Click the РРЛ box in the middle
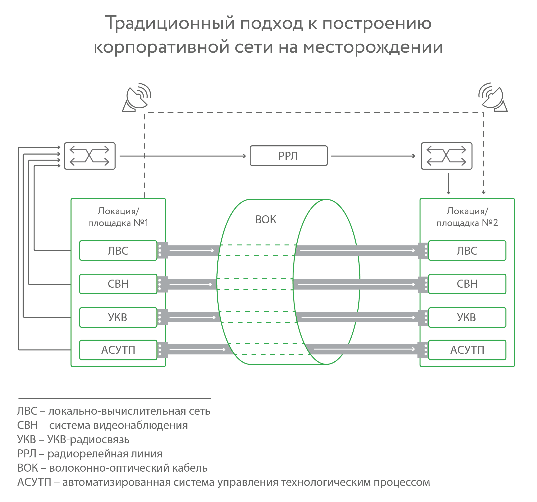coord(289,156)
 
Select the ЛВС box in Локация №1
coord(118,250)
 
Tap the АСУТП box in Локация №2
coord(467,350)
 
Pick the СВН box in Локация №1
coord(118,284)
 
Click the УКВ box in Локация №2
coord(467,317)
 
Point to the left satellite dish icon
coord(136,98)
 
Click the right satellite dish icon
coord(493,98)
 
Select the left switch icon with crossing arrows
coord(90,156)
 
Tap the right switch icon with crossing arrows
coord(447,156)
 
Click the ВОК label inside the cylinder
coord(266,220)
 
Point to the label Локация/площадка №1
coord(118,217)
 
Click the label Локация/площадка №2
coord(467,217)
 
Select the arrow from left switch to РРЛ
coord(183,156)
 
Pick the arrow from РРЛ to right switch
coord(373,156)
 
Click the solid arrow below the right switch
coord(448,184)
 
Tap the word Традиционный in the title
coord(170,23)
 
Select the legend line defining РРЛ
coord(90,454)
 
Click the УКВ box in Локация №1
coord(118,317)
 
